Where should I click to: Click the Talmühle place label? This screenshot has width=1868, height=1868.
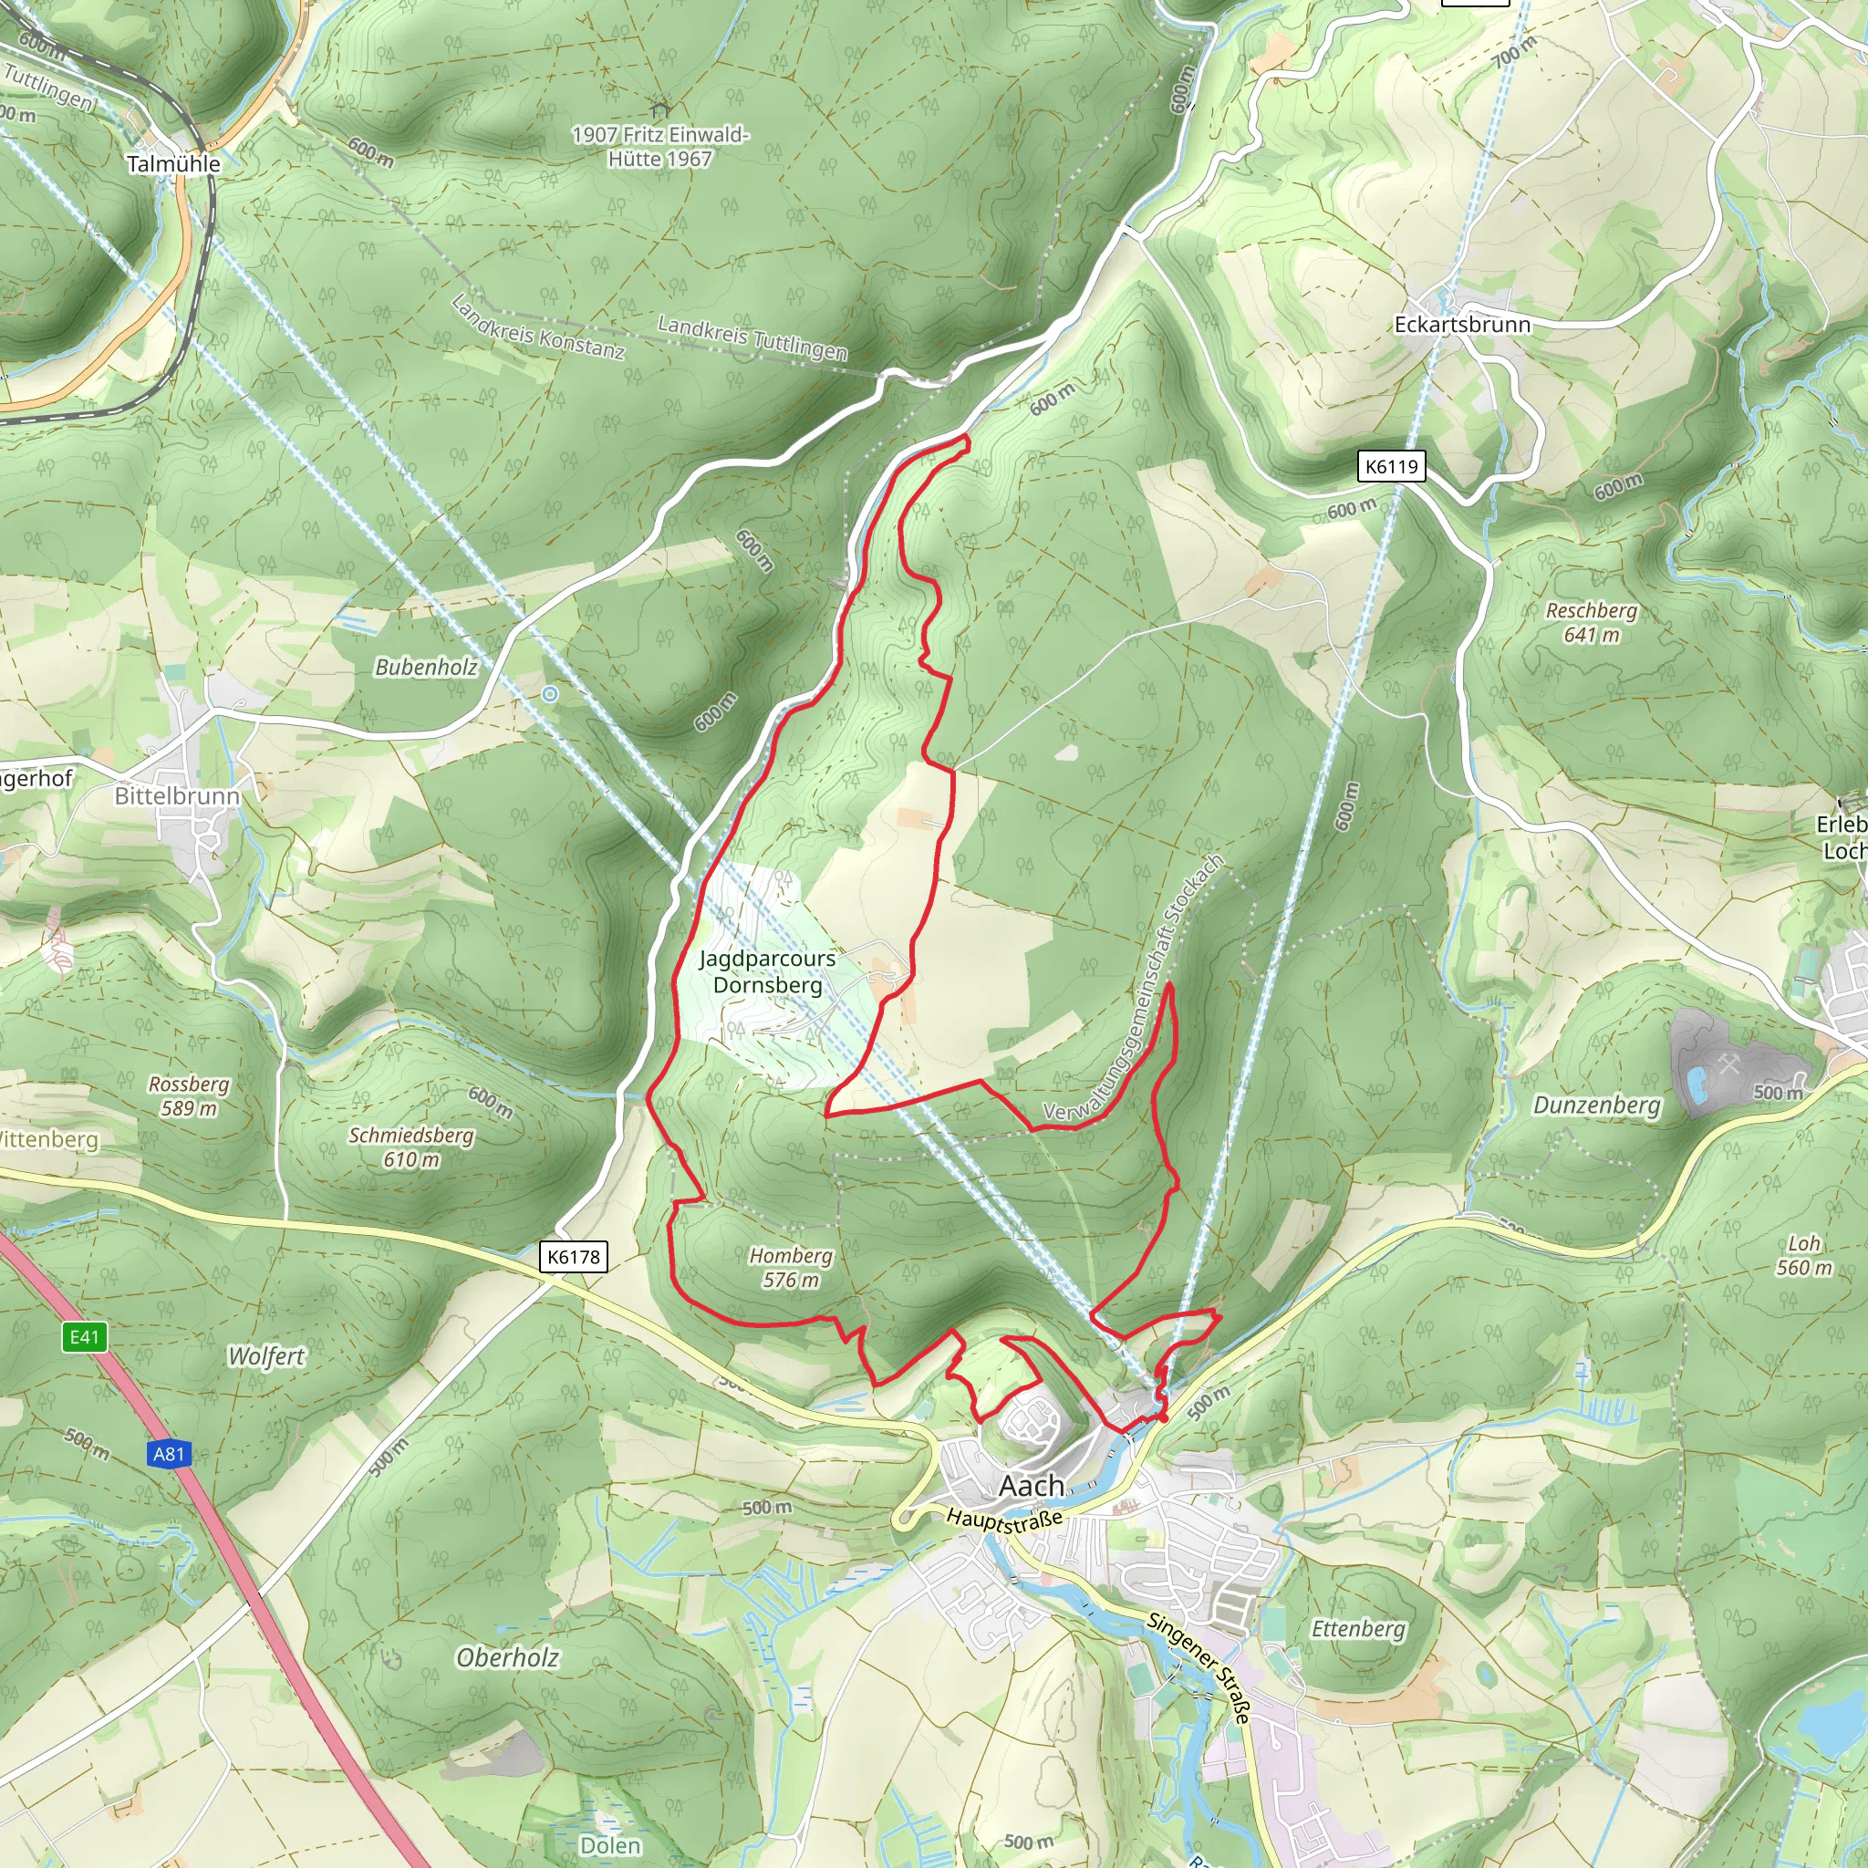(173, 163)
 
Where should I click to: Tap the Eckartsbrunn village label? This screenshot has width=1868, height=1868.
(1461, 324)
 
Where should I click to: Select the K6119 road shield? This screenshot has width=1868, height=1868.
(1390, 467)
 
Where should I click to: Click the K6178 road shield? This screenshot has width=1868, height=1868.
(574, 1257)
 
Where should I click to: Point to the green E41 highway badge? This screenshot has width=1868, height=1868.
(84, 1337)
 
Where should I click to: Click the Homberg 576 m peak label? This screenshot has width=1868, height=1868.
(790, 1268)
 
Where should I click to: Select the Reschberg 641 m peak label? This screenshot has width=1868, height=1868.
(1591, 623)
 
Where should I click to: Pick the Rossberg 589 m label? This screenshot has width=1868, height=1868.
(189, 1095)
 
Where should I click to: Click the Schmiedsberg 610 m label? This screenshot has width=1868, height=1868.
(411, 1147)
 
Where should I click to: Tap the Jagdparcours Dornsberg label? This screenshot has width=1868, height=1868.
(767, 971)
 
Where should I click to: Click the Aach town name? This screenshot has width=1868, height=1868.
(1031, 1485)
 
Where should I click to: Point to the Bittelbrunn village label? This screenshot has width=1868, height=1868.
(177, 795)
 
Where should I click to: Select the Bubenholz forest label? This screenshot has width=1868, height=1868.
(425, 667)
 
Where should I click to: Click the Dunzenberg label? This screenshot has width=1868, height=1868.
(1596, 1105)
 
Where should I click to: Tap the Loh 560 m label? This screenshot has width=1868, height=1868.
(1803, 1255)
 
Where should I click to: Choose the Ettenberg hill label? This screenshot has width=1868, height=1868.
(1357, 1629)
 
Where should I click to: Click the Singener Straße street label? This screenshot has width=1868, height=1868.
(1199, 1668)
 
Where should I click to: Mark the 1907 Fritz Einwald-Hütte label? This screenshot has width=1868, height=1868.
(660, 146)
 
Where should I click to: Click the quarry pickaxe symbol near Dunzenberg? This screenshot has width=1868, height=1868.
(1729, 1064)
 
